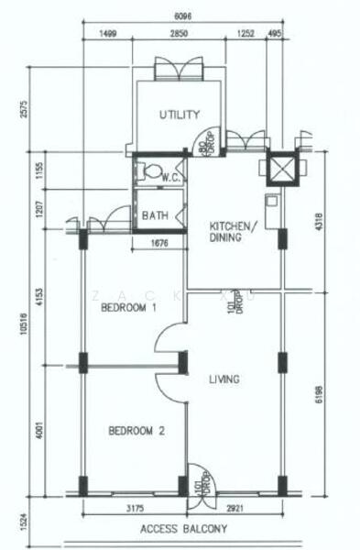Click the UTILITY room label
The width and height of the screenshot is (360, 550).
[x=179, y=115]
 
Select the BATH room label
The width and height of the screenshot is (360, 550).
[x=155, y=216]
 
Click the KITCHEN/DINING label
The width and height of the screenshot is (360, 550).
[x=228, y=231]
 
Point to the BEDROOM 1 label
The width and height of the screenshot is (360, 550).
[x=129, y=308]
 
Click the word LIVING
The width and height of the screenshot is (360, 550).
[x=224, y=379]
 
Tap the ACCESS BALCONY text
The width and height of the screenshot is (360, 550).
[x=183, y=529]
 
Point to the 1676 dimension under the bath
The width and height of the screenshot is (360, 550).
[x=158, y=243]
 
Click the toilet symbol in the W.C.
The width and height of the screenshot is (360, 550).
[x=144, y=170]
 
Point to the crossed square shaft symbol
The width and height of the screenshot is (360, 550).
[x=278, y=168]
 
